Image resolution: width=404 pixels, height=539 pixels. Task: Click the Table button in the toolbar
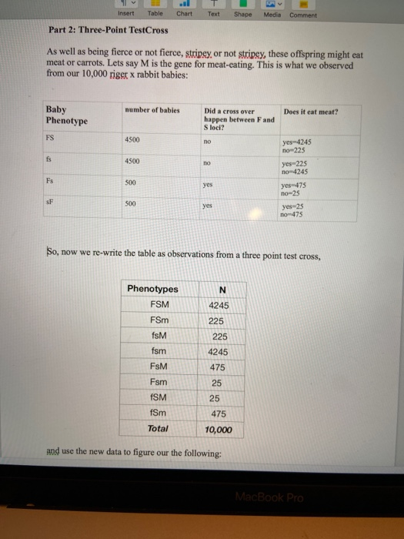click(x=155, y=13)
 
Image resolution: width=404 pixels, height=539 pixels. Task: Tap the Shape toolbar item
click(x=242, y=13)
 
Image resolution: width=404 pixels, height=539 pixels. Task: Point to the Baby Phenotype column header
click(x=67, y=115)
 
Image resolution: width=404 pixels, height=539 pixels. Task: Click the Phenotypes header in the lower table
click(x=152, y=289)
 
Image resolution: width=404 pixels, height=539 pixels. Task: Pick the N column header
click(x=222, y=290)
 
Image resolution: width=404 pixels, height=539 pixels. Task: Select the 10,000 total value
click(x=219, y=429)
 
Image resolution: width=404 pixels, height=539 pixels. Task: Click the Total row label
click(x=158, y=428)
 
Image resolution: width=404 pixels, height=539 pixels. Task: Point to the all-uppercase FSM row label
click(x=160, y=305)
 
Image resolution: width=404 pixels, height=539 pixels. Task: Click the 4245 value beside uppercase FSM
click(x=219, y=305)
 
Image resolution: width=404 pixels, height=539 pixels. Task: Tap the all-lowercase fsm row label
click(x=159, y=351)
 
